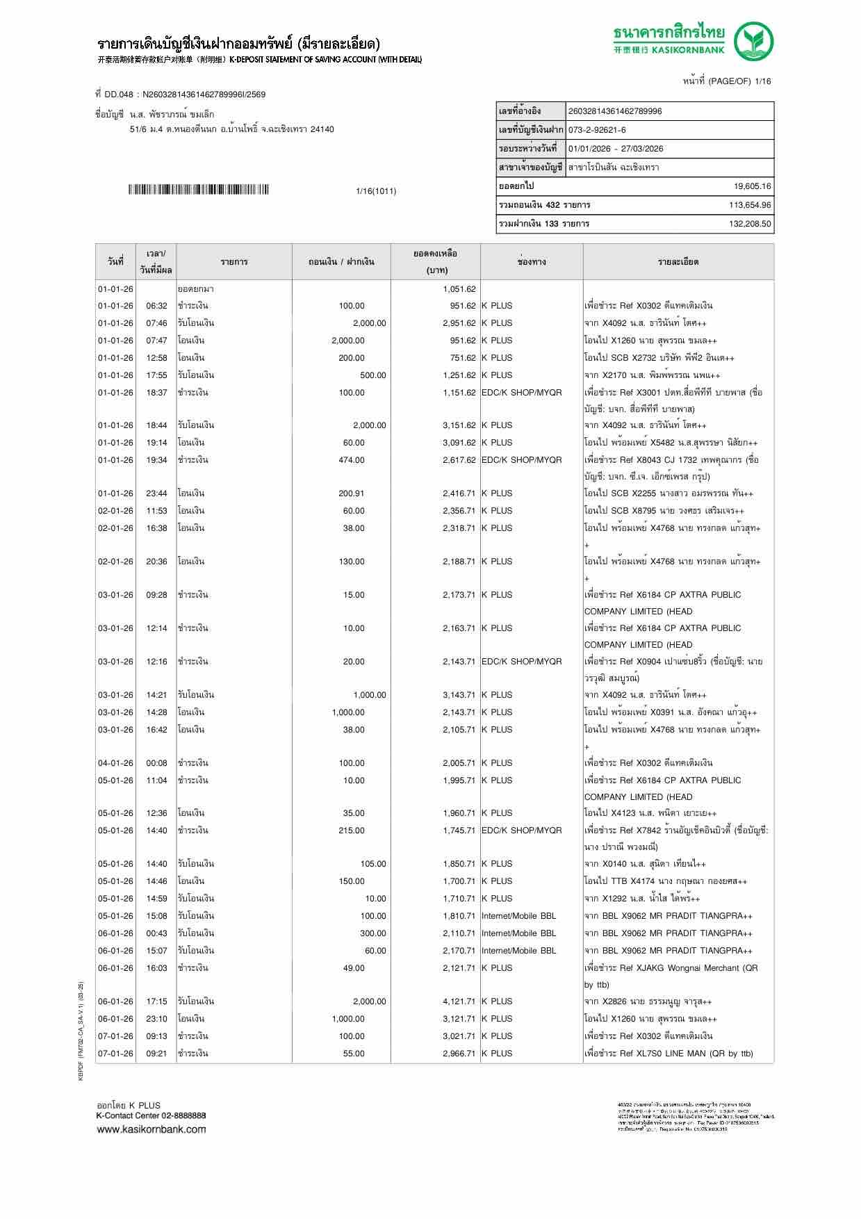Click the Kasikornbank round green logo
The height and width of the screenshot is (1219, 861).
click(x=755, y=41)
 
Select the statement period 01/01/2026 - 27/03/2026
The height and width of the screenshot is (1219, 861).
click(x=615, y=149)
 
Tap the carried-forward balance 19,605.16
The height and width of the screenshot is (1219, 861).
click(x=752, y=186)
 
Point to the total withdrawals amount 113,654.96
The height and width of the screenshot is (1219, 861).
click(x=750, y=205)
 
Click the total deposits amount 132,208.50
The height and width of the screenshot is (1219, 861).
click(x=750, y=224)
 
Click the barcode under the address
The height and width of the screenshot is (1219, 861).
click(x=198, y=190)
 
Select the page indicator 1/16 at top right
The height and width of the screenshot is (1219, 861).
click(x=762, y=81)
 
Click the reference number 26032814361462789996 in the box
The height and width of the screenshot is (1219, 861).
click(x=615, y=111)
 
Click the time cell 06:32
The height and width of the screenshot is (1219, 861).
click(x=156, y=306)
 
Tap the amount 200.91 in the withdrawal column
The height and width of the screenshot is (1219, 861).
click(x=351, y=493)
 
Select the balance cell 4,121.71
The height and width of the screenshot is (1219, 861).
click(x=459, y=1001)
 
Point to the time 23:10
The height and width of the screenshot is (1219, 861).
click(x=156, y=1019)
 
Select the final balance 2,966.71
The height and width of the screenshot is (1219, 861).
click(x=459, y=1054)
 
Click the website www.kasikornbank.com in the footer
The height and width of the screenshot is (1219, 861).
click(x=151, y=1129)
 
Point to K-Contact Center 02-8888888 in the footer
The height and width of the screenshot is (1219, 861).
click(x=151, y=1115)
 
